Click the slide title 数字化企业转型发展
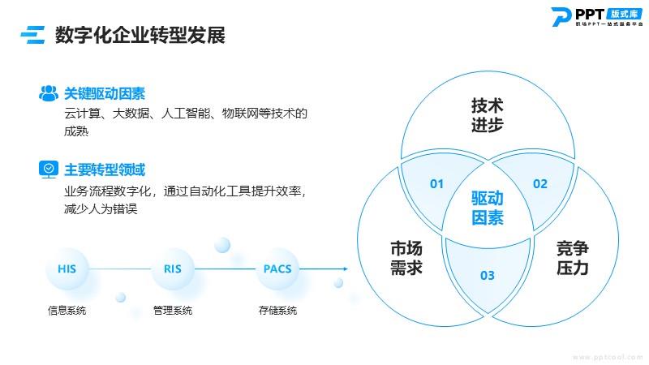point(140,35)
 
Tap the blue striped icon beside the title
point(32,35)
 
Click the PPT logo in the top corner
point(597,17)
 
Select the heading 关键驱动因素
point(105,93)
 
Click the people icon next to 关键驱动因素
point(49,93)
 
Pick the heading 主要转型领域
point(105,170)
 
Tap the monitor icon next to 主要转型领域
point(49,170)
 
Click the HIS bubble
point(67,269)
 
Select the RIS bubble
point(173,269)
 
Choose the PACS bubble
point(277,269)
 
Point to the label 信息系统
point(67,311)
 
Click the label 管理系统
point(173,311)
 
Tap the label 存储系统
point(277,311)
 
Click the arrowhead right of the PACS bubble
point(346,269)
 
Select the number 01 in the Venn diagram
point(436,184)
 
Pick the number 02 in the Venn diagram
point(540,184)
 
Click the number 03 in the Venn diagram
point(488,276)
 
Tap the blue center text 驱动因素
point(488,208)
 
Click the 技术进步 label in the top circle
point(488,115)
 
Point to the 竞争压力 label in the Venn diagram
point(573,258)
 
